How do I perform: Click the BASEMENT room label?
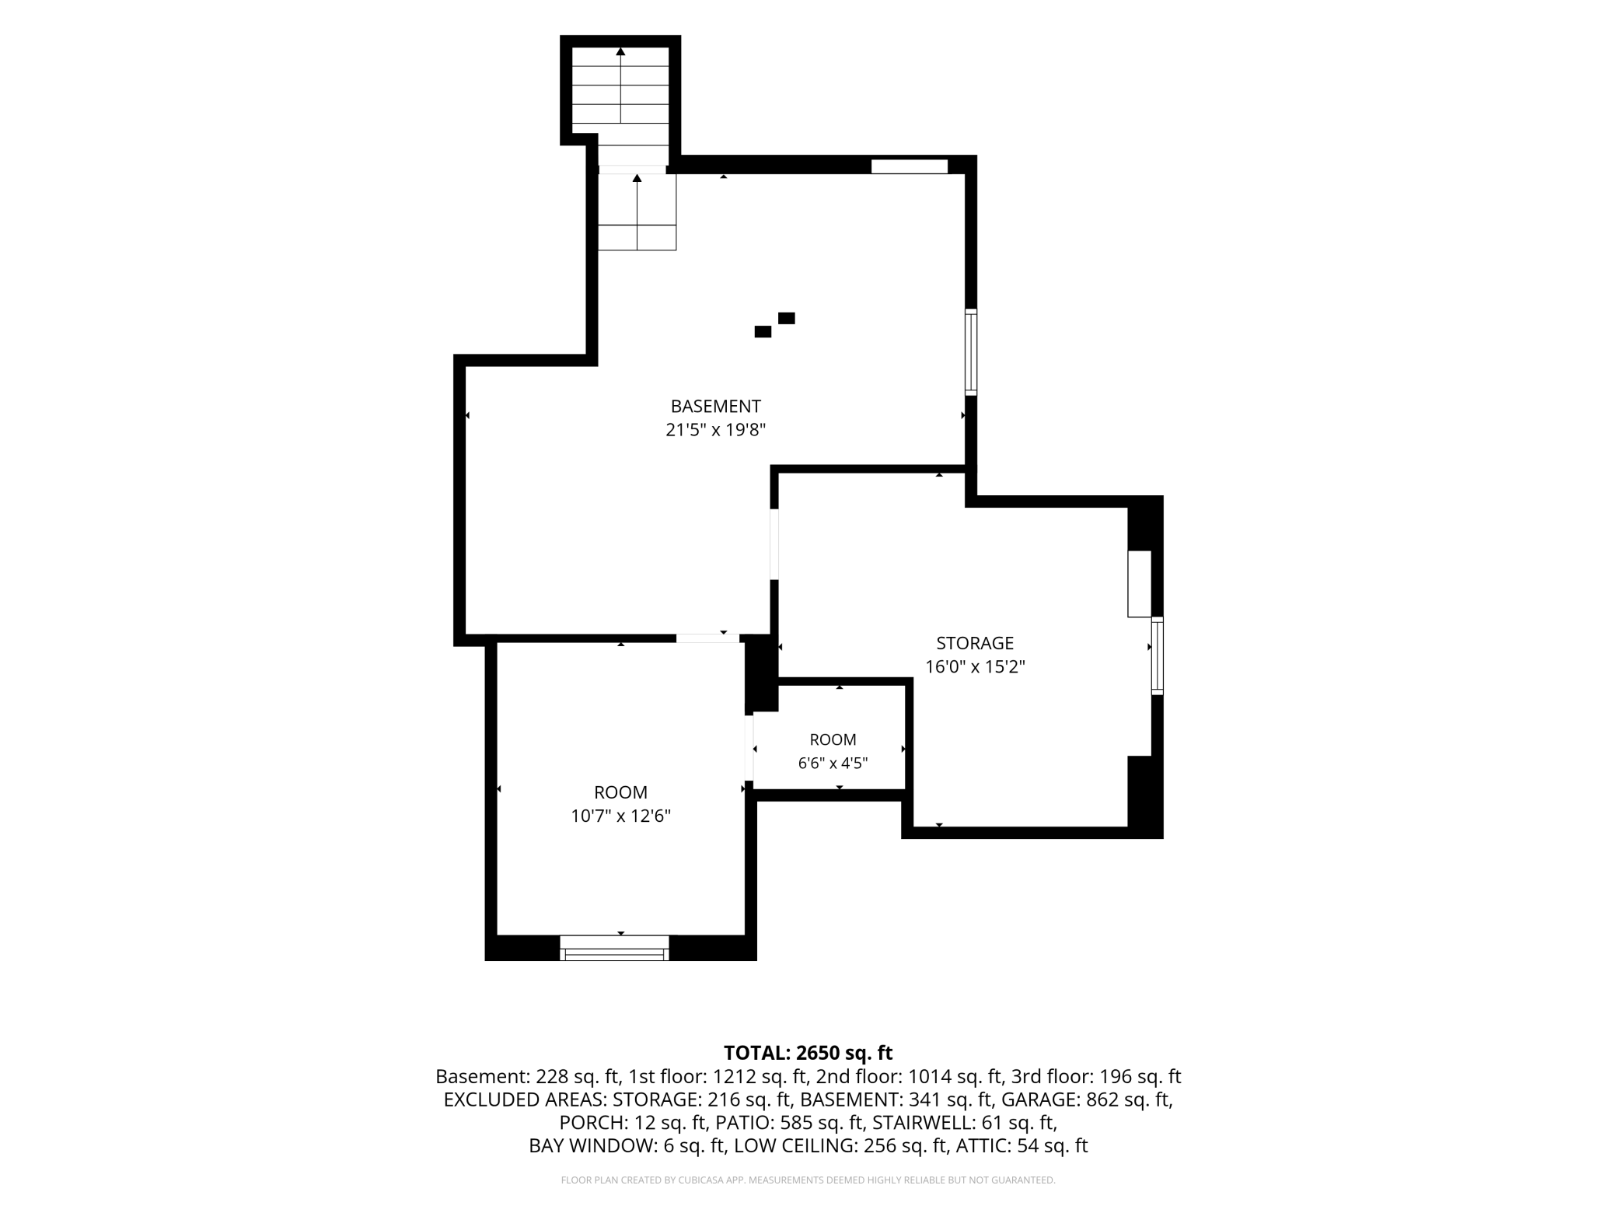tap(715, 406)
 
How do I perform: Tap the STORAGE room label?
tap(975, 643)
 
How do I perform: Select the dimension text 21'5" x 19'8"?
tap(715, 429)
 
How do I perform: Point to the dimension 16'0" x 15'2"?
tap(975, 666)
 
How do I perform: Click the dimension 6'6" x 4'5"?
tap(833, 763)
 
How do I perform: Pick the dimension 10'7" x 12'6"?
tap(620, 816)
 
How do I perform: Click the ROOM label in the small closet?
tap(833, 739)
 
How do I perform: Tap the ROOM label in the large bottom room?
tap(620, 792)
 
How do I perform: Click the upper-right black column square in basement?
tap(786, 318)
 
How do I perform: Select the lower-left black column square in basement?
tap(763, 332)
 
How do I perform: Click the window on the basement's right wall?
tap(971, 352)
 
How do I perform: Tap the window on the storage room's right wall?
tap(1157, 655)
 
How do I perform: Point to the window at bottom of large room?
tap(614, 948)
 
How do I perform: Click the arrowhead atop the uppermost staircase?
tap(620, 52)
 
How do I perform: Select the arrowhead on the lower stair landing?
tap(637, 178)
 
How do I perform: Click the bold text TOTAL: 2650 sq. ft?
tap(808, 1053)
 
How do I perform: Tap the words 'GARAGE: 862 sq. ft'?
tap(1086, 1099)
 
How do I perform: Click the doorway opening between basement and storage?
tap(774, 544)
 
